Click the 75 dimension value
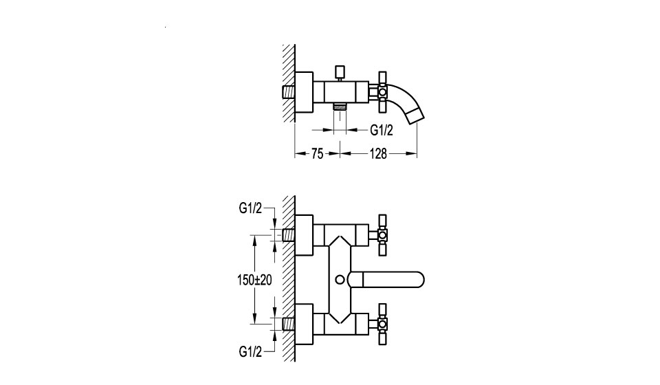point(318,154)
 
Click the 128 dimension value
point(378,154)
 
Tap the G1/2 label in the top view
point(382,131)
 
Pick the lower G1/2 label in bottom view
point(250,351)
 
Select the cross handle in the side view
point(383,91)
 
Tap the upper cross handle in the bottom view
point(383,235)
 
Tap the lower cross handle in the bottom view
point(383,324)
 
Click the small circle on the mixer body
point(340,279)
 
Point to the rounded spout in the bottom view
point(386,279)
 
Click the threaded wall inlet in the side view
point(288,91)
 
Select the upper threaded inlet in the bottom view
point(288,235)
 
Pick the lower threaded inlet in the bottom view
point(288,324)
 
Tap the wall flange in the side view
point(305,91)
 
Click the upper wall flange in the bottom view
point(305,235)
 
